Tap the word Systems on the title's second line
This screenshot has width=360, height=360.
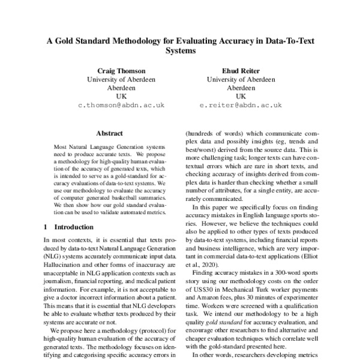click(181, 52)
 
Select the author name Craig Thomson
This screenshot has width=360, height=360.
click(118, 71)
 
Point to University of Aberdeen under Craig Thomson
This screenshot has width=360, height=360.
click(118, 79)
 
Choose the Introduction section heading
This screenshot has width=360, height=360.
click(74, 227)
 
